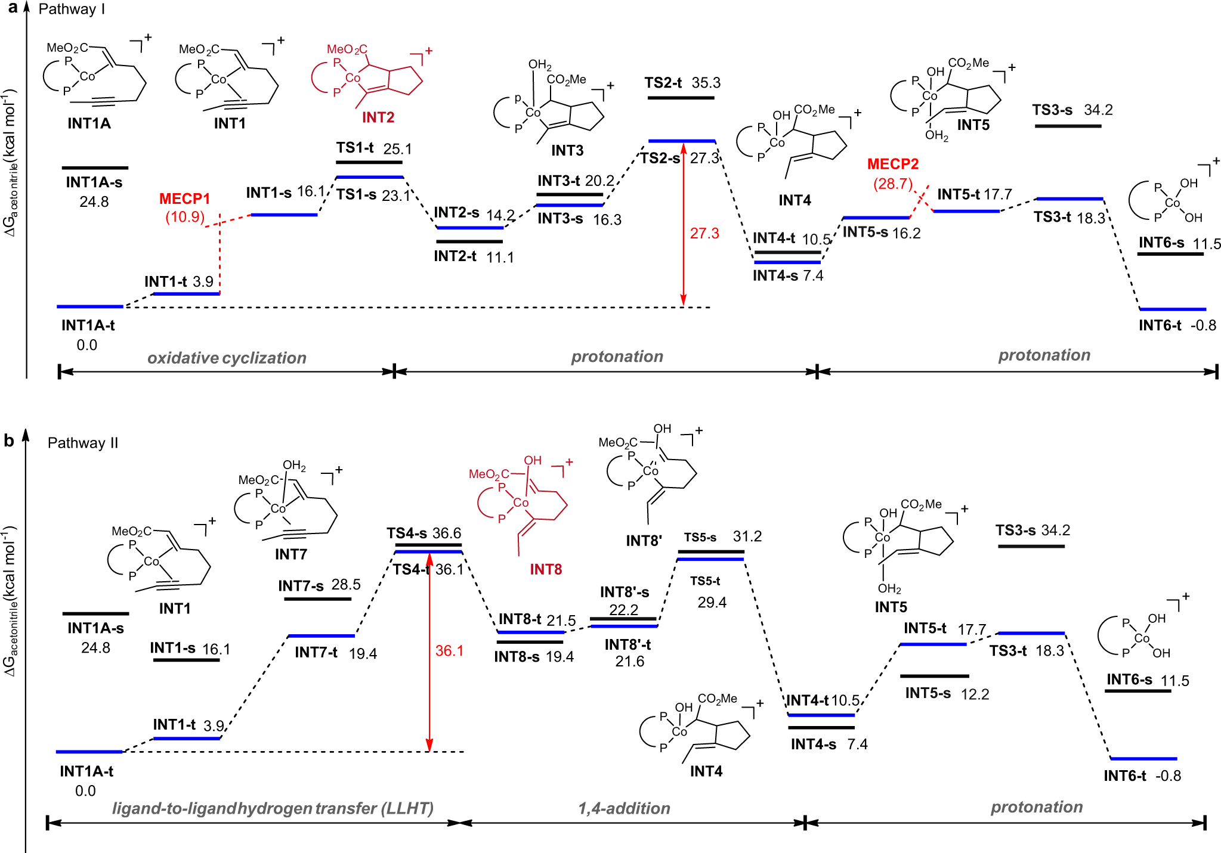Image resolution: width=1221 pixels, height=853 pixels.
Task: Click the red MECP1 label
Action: coord(184,198)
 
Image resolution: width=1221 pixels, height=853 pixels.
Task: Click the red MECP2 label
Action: coord(892,164)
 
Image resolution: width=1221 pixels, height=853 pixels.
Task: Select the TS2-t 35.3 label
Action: coord(682,83)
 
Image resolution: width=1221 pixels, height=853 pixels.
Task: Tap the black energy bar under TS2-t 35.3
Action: coord(681,97)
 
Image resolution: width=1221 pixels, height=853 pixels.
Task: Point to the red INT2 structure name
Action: coord(378,117)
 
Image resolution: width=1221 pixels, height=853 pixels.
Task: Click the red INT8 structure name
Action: coord(546,569)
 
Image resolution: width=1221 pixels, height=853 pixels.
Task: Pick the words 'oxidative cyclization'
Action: coord(227,358)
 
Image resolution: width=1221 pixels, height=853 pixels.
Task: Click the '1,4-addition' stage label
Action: coord(624,808)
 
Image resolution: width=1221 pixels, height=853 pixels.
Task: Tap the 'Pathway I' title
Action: coord(72,10)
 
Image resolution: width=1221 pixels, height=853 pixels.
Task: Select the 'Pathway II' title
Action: coord(83,443)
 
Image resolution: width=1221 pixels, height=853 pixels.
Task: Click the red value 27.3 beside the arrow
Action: coord(704,233)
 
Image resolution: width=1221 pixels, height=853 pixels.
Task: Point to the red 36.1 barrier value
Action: coord(449,650)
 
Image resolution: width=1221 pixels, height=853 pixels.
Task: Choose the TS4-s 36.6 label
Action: coord(424,533)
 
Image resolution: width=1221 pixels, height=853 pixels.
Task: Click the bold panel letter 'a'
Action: coord(11,8)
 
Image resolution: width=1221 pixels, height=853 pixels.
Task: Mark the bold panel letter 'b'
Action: coord(9,441)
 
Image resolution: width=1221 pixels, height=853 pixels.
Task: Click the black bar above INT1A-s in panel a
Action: coord(95,168)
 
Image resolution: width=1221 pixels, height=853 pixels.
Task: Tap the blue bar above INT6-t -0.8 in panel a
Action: coord(1173,309)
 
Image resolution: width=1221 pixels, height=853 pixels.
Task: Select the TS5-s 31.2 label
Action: coord(722,536)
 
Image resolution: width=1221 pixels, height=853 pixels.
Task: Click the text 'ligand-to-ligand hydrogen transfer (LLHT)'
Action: coord(273,808)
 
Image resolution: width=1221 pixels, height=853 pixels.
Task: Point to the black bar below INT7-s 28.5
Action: coord(317,598)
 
